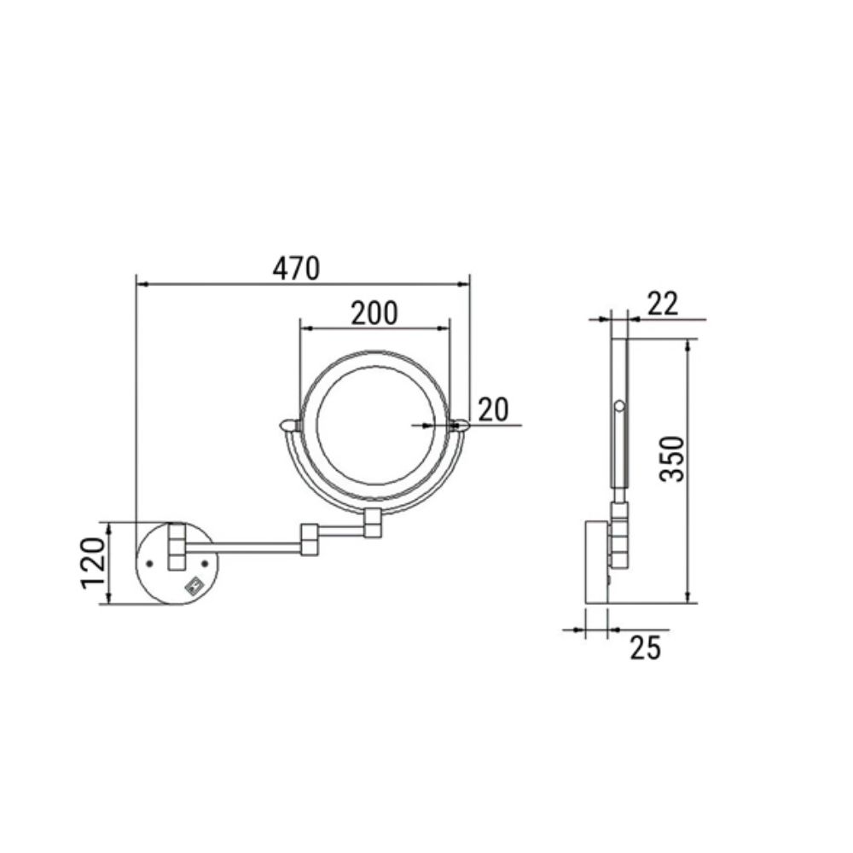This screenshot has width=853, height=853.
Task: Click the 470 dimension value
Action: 296,269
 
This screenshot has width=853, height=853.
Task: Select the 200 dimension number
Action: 374,314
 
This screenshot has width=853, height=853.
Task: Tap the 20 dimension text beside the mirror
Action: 492,410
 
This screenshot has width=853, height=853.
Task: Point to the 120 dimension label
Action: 95,563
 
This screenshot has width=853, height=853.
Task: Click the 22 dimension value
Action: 663,304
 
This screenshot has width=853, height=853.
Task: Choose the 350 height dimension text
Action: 673,458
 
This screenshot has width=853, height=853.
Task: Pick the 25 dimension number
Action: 646,648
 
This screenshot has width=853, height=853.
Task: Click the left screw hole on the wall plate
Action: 150,562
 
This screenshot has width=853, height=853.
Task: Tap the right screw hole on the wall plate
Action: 205,562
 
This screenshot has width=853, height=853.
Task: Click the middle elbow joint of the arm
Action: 310,537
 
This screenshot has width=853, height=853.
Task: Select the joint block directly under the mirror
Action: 372,522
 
